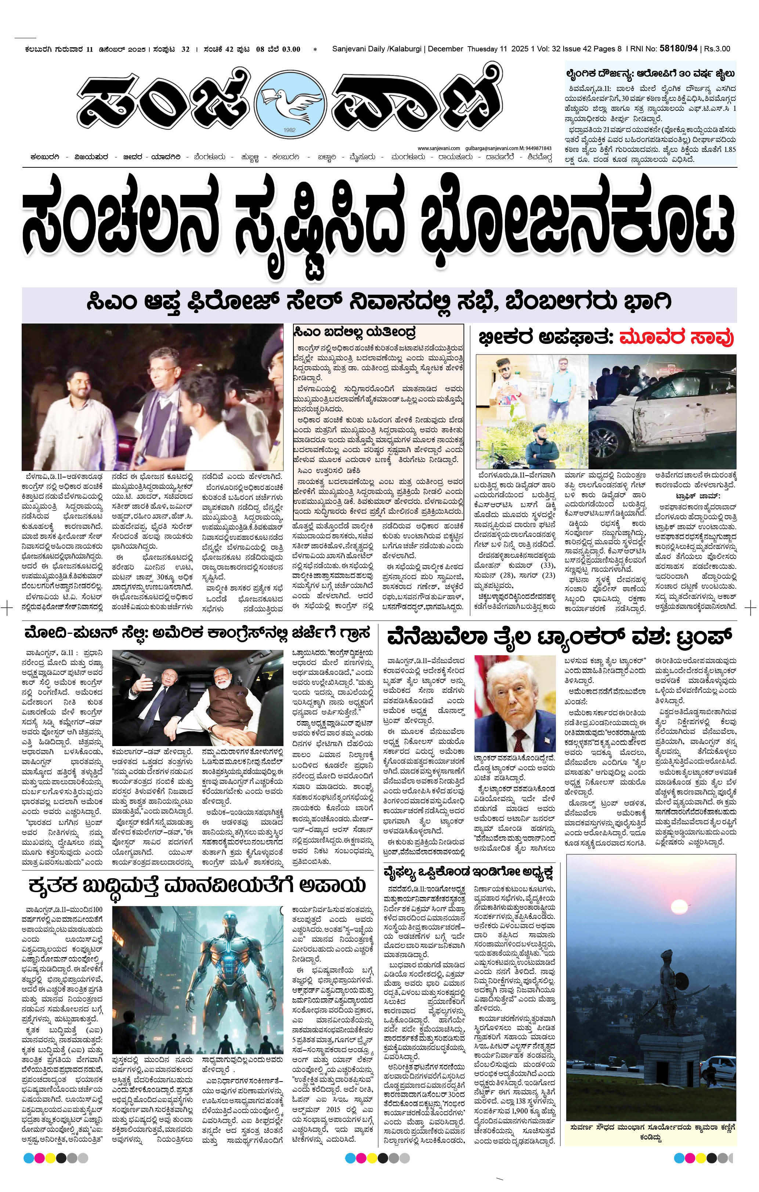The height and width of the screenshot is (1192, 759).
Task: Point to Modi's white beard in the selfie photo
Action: point(219,692)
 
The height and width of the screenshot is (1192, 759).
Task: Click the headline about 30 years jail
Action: point(651,74)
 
